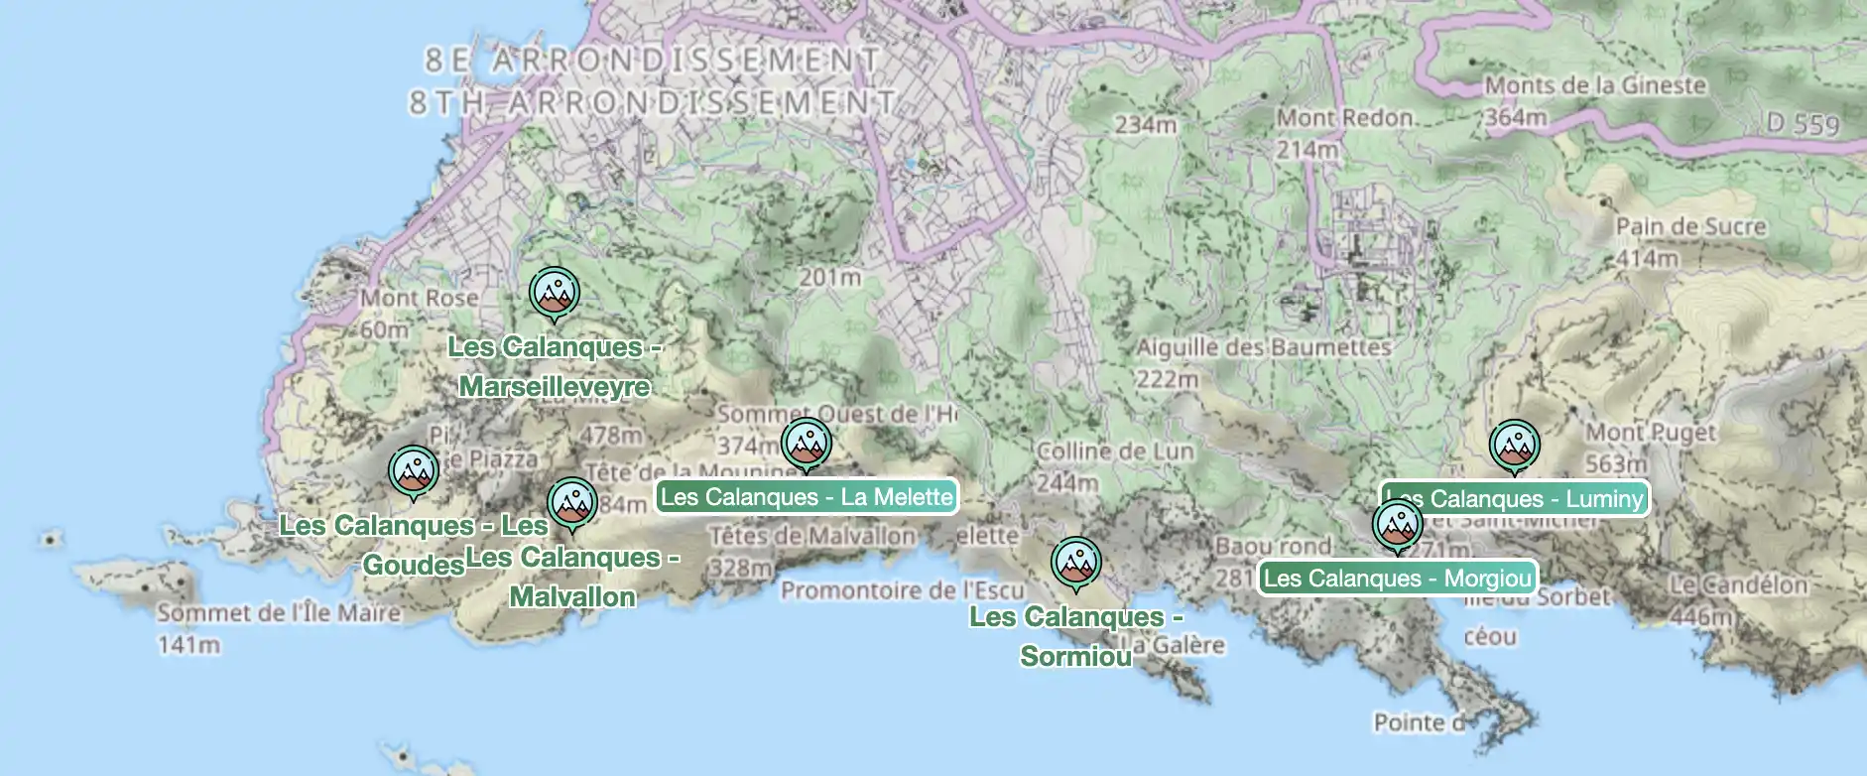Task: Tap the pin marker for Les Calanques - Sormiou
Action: (1075, 563)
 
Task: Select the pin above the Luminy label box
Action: (1514, 446)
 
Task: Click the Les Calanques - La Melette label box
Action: (807, 497)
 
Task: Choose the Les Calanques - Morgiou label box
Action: (1397, 578)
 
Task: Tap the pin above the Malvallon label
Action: (571, 504)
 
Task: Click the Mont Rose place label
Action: (419, 298)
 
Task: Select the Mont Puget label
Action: (1650, 433)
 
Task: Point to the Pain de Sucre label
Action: (1690, 227)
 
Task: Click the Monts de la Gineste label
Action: (1595, 85)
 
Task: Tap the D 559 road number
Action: (1803, 124)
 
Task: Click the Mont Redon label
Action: (1344, 118)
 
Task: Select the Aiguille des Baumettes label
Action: (1263, 347)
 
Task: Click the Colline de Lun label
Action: (1115, 452)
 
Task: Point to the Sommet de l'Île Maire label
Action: (279, 613)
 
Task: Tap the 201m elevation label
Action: (829, 277)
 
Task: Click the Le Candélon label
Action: (1738, 585)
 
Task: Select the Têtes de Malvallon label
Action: (812, 537)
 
